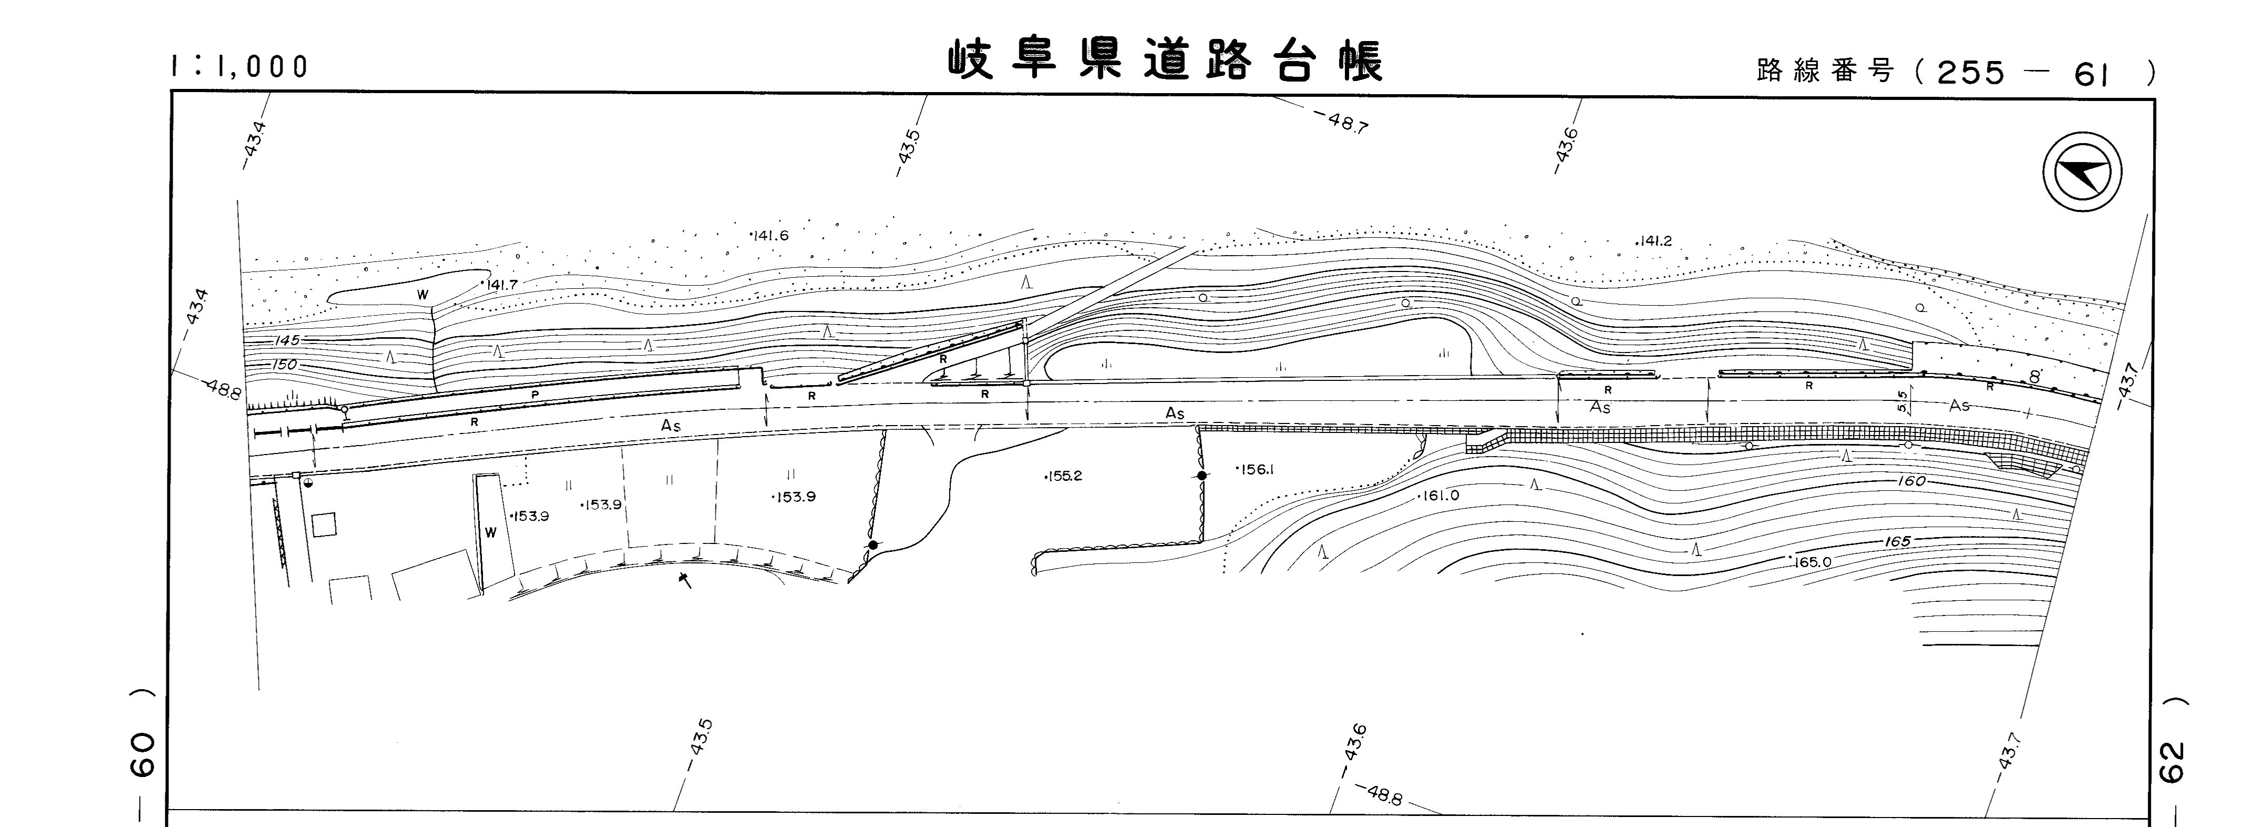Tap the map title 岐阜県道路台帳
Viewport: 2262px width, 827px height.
click(x=1165, y=62)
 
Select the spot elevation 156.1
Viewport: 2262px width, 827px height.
click(x=1255, y=470)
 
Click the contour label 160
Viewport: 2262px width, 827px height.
click(x=1912, y=481)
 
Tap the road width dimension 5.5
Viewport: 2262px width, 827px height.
click(x=1902, y=402)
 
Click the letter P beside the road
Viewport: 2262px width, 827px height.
click(x=535, y=395)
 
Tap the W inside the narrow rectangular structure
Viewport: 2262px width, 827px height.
click(x=491, y=532)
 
